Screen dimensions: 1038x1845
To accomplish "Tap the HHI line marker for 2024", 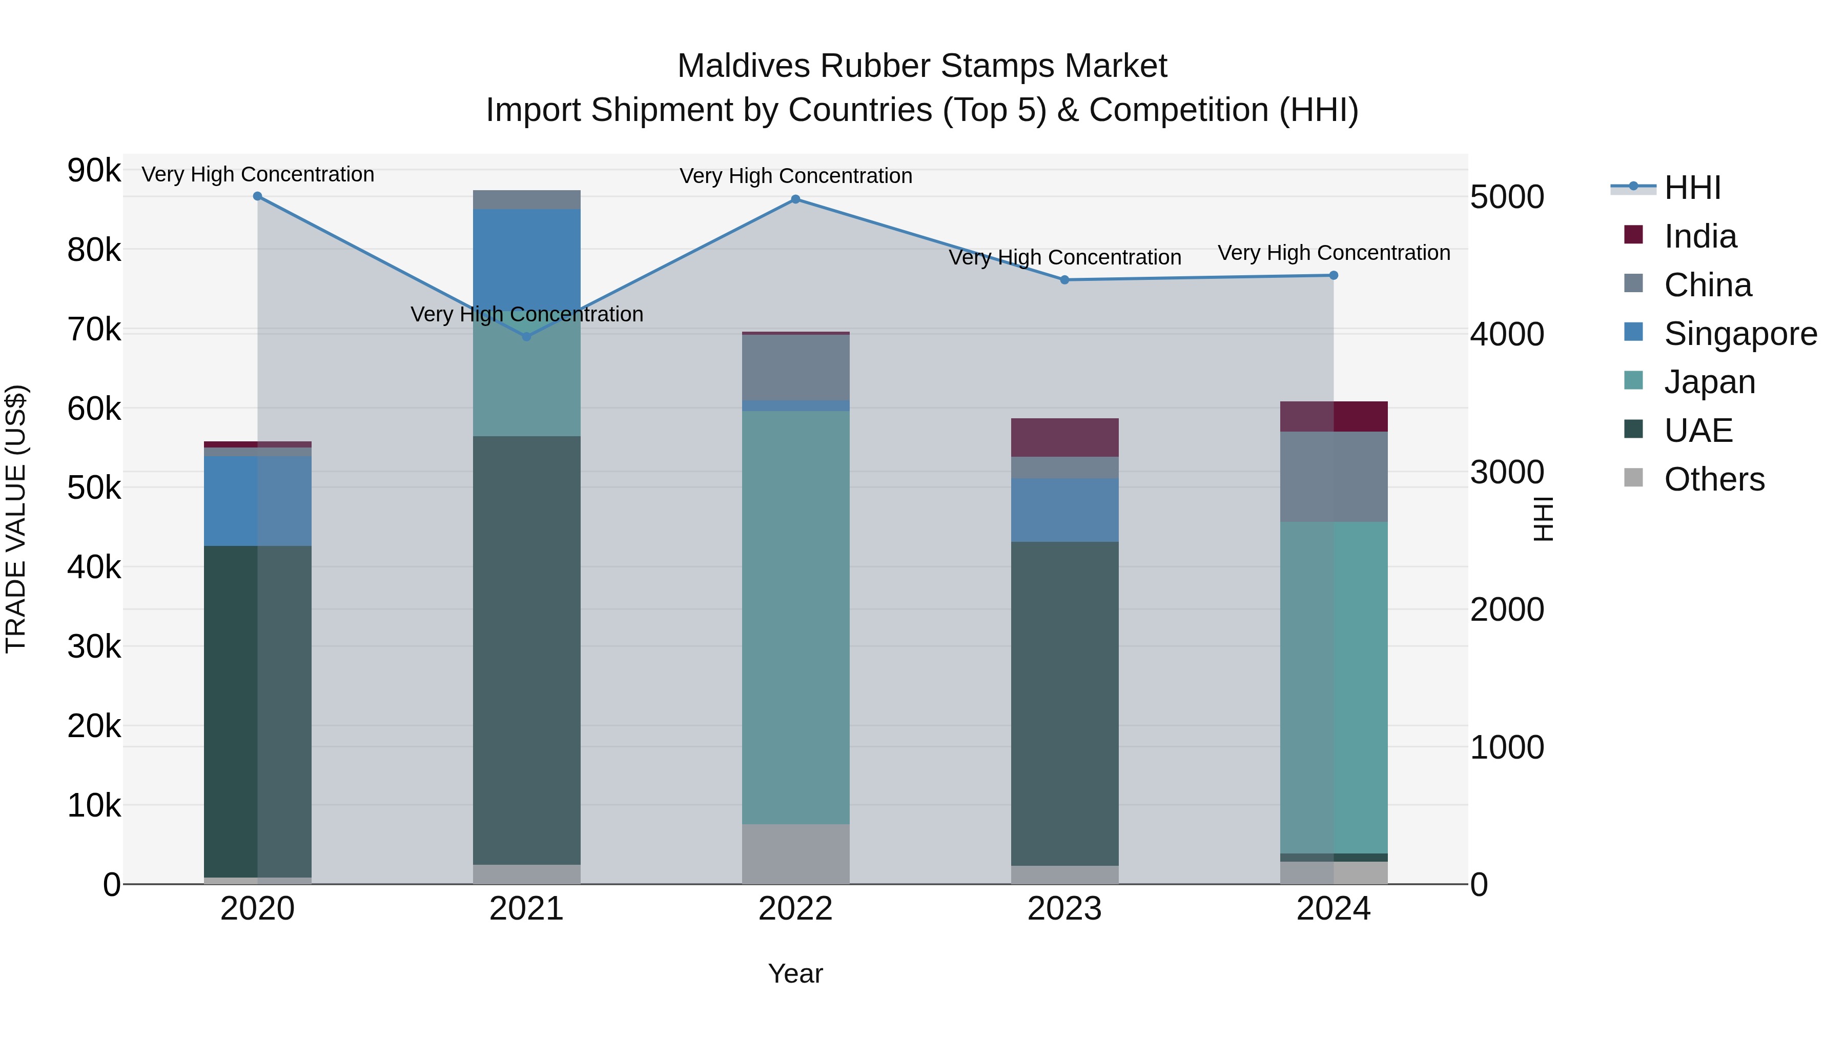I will pyautogui.click(x=1333, y=275).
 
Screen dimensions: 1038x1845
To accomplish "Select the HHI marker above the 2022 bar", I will pyautogui.click(x=795, y=199).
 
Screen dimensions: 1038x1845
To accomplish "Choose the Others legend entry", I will pyautogui.click(x=1713, y=479).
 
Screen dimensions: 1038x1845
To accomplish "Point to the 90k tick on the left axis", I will pyautogui.click(x=94, y=171).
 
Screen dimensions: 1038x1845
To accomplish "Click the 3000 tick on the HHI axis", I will pyautogui.click(x=1506, y=472).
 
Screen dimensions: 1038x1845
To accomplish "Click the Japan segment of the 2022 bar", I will pyautogui.click(x=795, y=616).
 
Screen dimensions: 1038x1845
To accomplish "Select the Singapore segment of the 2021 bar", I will pyautogui.click(x=526, y=258).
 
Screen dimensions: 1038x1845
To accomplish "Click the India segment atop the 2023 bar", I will pyautogui.click(x=1064, y=437).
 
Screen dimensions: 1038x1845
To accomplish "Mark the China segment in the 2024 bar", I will pyautogui.click(x=1333, y=476).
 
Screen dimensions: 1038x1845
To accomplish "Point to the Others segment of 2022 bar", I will pyautogui.click(x=795, y=854).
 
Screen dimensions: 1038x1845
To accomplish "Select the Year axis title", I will pyautogui.click(x=795, y=973).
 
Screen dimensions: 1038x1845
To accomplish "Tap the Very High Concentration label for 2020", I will pyautogui.click(x=257, y=174).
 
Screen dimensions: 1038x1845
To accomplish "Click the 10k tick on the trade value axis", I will pyautogui.click(x=94, y=806).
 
